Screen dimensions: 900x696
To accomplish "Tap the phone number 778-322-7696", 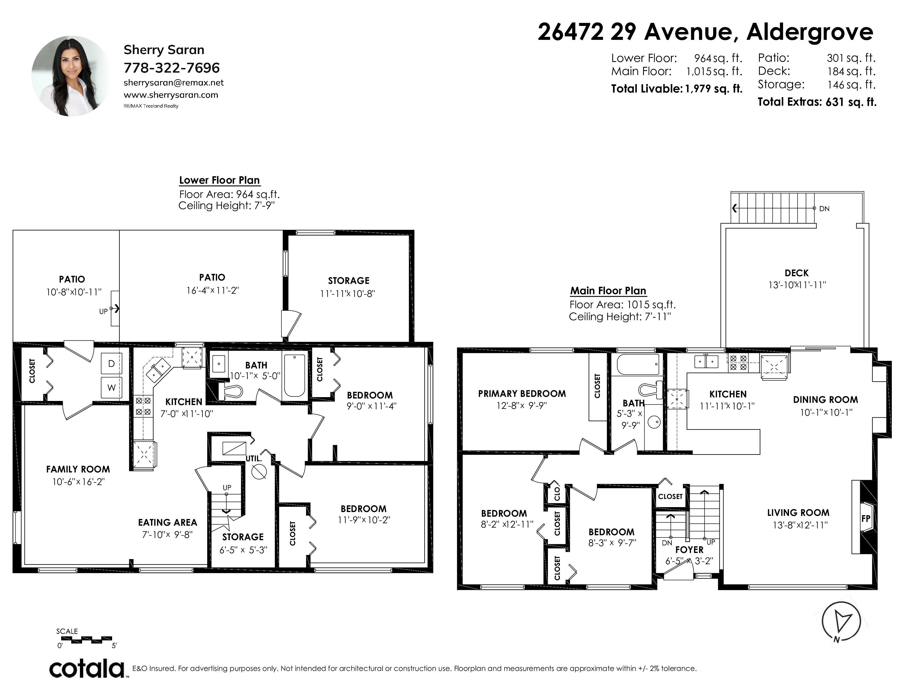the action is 172,68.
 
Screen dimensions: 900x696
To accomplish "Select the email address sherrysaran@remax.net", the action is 173,82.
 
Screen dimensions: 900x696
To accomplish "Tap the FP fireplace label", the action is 865,518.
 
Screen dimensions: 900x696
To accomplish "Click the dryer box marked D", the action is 112,364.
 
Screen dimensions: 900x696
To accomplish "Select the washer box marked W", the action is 112,388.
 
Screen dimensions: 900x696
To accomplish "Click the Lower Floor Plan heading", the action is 219,180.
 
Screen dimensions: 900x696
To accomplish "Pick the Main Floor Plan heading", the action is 608,291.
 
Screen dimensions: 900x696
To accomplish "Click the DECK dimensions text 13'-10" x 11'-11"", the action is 797,285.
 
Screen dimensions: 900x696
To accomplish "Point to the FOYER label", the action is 689,550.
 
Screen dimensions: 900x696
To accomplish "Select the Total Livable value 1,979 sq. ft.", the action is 713,89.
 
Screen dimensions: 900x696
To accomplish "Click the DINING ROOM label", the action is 826,400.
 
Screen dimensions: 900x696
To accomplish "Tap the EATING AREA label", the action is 167,522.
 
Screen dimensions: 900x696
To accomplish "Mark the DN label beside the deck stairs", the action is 824,209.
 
